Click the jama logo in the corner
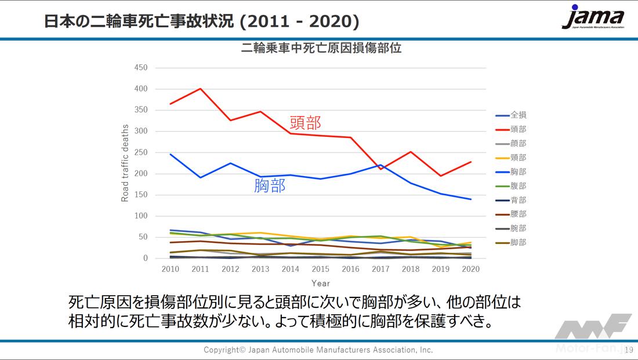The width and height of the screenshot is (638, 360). pyautogui.click(x=593, y=18)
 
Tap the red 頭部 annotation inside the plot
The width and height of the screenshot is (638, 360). pyautogui.click(x=304, y=122)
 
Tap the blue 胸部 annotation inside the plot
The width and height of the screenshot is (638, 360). pyautogui.click(x=270, y=186)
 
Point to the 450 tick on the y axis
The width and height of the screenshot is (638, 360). pyautogui.click(x=141, y=68)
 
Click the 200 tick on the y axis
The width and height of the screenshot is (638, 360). pyautogui.click(x=141, y=174)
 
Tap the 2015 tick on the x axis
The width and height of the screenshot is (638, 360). pyautogui.click(x=321, y=270)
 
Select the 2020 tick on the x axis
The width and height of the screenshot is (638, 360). pyautogui.click(x=470, y=270)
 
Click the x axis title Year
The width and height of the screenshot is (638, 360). pyautogui.click(x=321, y=283)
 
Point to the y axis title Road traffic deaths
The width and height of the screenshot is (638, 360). pyautogui.click(x=125, y=163)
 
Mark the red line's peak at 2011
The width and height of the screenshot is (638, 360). pyautogui.click(x=200, y=89)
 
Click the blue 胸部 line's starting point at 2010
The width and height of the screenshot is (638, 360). pyautogui.click(x=171, y=154)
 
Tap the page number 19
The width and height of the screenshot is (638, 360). pyautogui.click(x=629, y=350)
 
